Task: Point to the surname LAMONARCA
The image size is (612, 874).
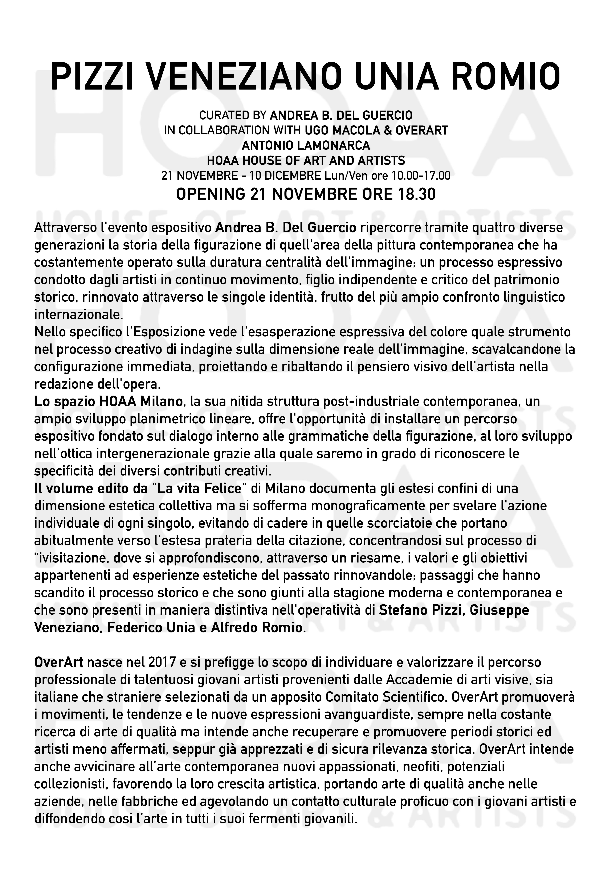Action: (331, 145)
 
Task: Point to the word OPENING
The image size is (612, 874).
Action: (211, 194)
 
